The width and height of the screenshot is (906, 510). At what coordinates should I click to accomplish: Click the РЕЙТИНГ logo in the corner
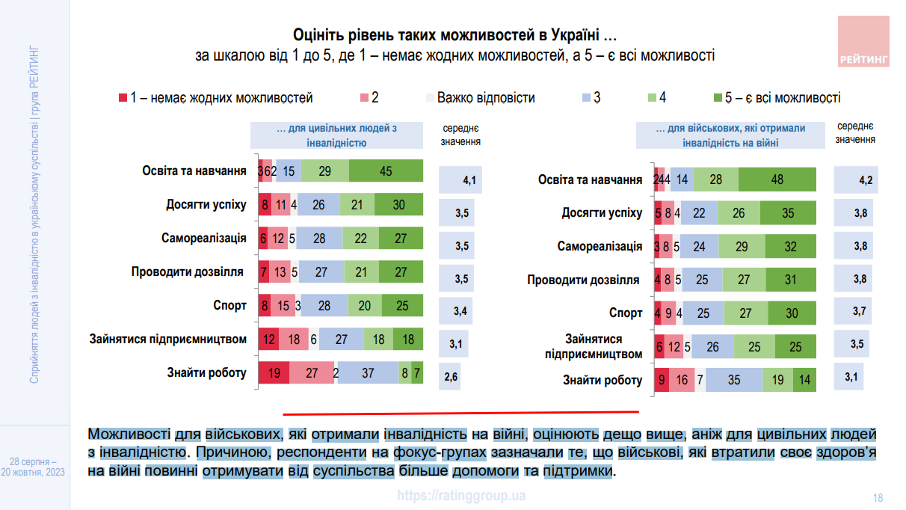pyautogui.click(x=863, y=42)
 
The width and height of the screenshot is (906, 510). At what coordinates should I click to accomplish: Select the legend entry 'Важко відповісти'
pyautogui.click(x=486, y=98)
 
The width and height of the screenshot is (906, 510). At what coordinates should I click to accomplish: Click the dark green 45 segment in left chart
pyautogui.click(x=386, y=171)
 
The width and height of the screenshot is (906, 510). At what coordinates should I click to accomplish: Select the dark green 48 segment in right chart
pyautogui.click(x=777, y=179)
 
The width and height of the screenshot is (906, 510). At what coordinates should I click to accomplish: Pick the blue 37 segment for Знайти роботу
pyautogui.click(x=367, y=372)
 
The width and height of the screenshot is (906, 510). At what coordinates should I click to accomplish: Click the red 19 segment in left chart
pyautogui.click(x=274, y=372)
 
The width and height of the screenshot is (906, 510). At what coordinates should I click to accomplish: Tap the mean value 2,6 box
pyautogui.click(x=451, y=377)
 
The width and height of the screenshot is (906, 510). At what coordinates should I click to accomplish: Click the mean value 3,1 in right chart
pyautogui.click(x=851, y=376)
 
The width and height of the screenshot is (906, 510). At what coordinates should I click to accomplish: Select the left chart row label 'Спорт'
pyautogui.click(x=229, y=305)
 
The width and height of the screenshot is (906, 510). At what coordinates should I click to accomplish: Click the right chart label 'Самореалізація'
pyautogui.click(x=600, y=246)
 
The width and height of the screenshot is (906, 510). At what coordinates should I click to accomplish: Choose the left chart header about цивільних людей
pyautogui.click(x=336, y=135)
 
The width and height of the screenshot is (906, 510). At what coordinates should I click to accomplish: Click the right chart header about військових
pyautogui.click(x=730, y=135)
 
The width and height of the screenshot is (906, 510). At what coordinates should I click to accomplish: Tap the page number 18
pyautogui.click(x=878, y=497)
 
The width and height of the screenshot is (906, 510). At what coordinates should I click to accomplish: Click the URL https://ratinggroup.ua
pyautogui.click(x=461, y=495)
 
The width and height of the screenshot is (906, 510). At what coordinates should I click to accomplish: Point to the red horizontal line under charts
pyautogui.click(x=460, y=412)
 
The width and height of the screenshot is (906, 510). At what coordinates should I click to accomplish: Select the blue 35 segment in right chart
pyautogui.click(x=733, y=380)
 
